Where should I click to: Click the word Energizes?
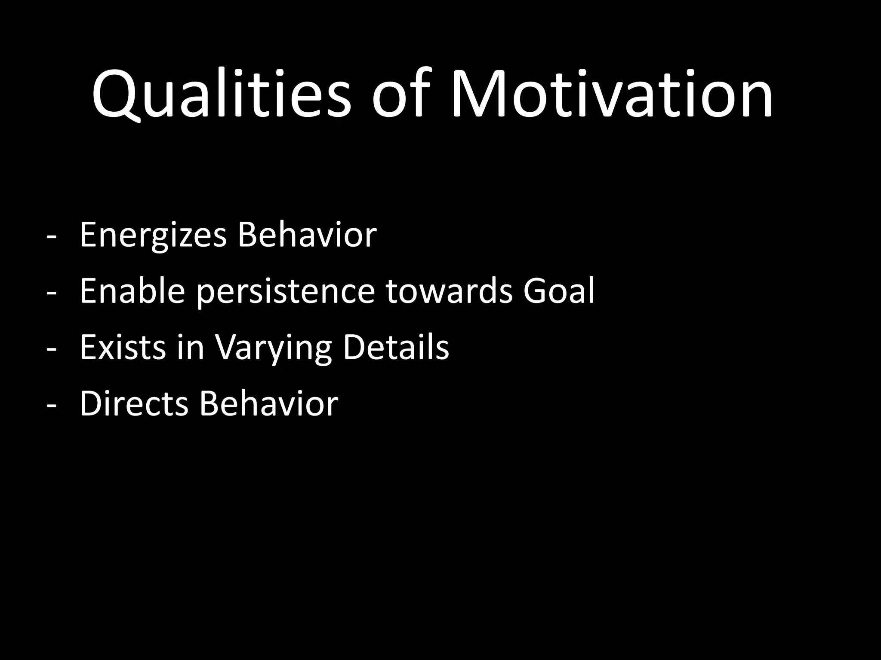click(153, 235)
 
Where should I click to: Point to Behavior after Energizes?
click(307, 235)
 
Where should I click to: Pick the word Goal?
click(559, 291)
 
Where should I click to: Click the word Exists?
click(123, 347)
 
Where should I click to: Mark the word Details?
click(396, 347)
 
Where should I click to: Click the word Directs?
click(134, 403)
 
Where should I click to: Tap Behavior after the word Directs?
click(268, 403)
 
